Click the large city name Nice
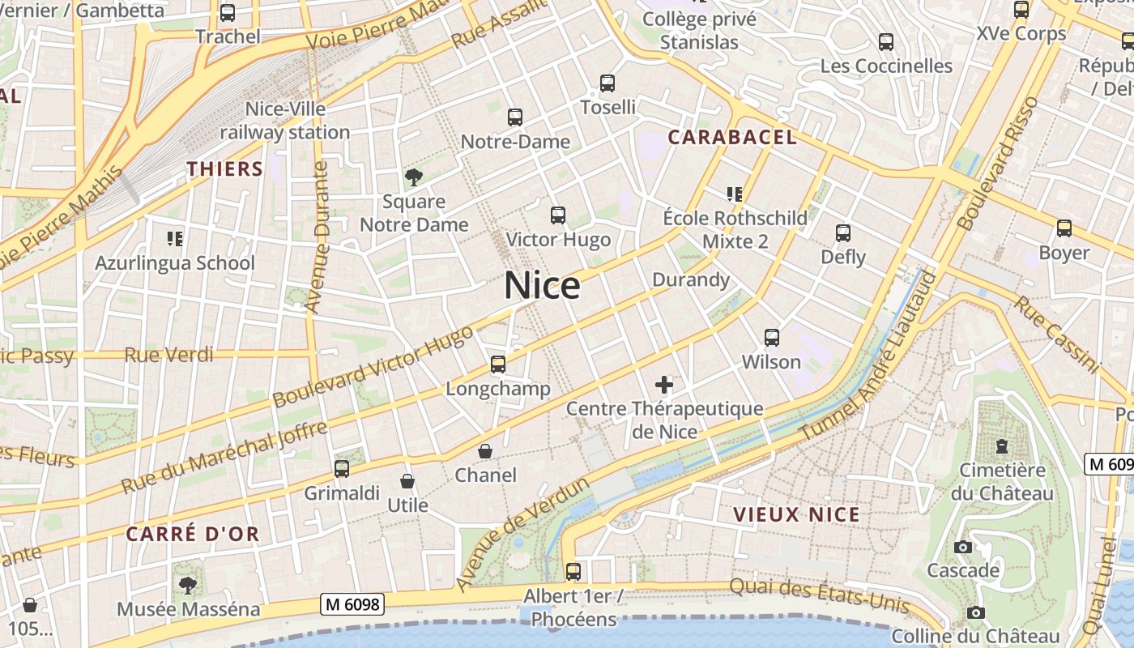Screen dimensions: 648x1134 coord(542,286)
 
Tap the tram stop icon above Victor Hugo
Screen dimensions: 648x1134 coord(558,215)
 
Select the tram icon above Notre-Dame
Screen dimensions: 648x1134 coord(515,117)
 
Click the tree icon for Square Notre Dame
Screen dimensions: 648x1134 coord(414,177)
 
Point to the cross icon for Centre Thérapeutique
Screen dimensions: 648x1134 coord(664,385)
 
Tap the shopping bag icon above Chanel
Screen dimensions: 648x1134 coord(485,451)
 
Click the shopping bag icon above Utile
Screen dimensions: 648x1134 coord(407,481)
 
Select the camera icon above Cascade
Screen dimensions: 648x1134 coord(963,547)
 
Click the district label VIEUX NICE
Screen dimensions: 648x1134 coord(796,514)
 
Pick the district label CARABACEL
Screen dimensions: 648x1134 coord(732,137)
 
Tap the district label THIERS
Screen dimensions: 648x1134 coord(225,168)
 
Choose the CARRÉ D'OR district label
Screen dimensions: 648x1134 coord(193,534)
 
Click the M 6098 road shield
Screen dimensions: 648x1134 coord(352,604)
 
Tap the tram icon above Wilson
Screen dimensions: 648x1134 coord(772,338)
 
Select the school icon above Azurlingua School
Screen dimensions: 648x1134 coord(175,238)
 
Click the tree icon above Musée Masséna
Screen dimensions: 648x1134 coord(188,584)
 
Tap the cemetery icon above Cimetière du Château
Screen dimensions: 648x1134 coord(1002,446)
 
